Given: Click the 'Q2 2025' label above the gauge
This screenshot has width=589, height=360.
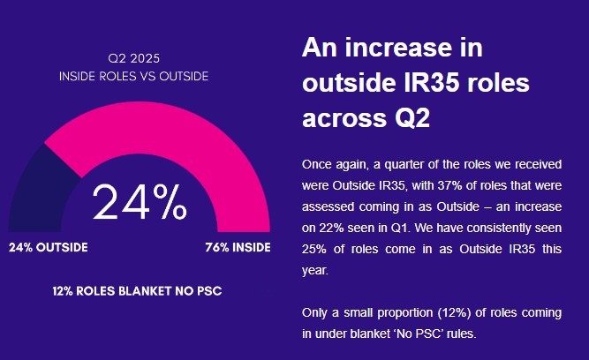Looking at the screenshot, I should pyautogui.click(x=133, y=58).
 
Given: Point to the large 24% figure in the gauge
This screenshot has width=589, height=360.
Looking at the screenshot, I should pyautogui.click(x=140, y=202).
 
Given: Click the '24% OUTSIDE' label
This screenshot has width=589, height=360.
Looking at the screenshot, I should pyautogui.click(x=49, y=247).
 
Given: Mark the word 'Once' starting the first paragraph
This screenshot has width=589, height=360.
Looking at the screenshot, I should pyautogui.click(x=317, y=164).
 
